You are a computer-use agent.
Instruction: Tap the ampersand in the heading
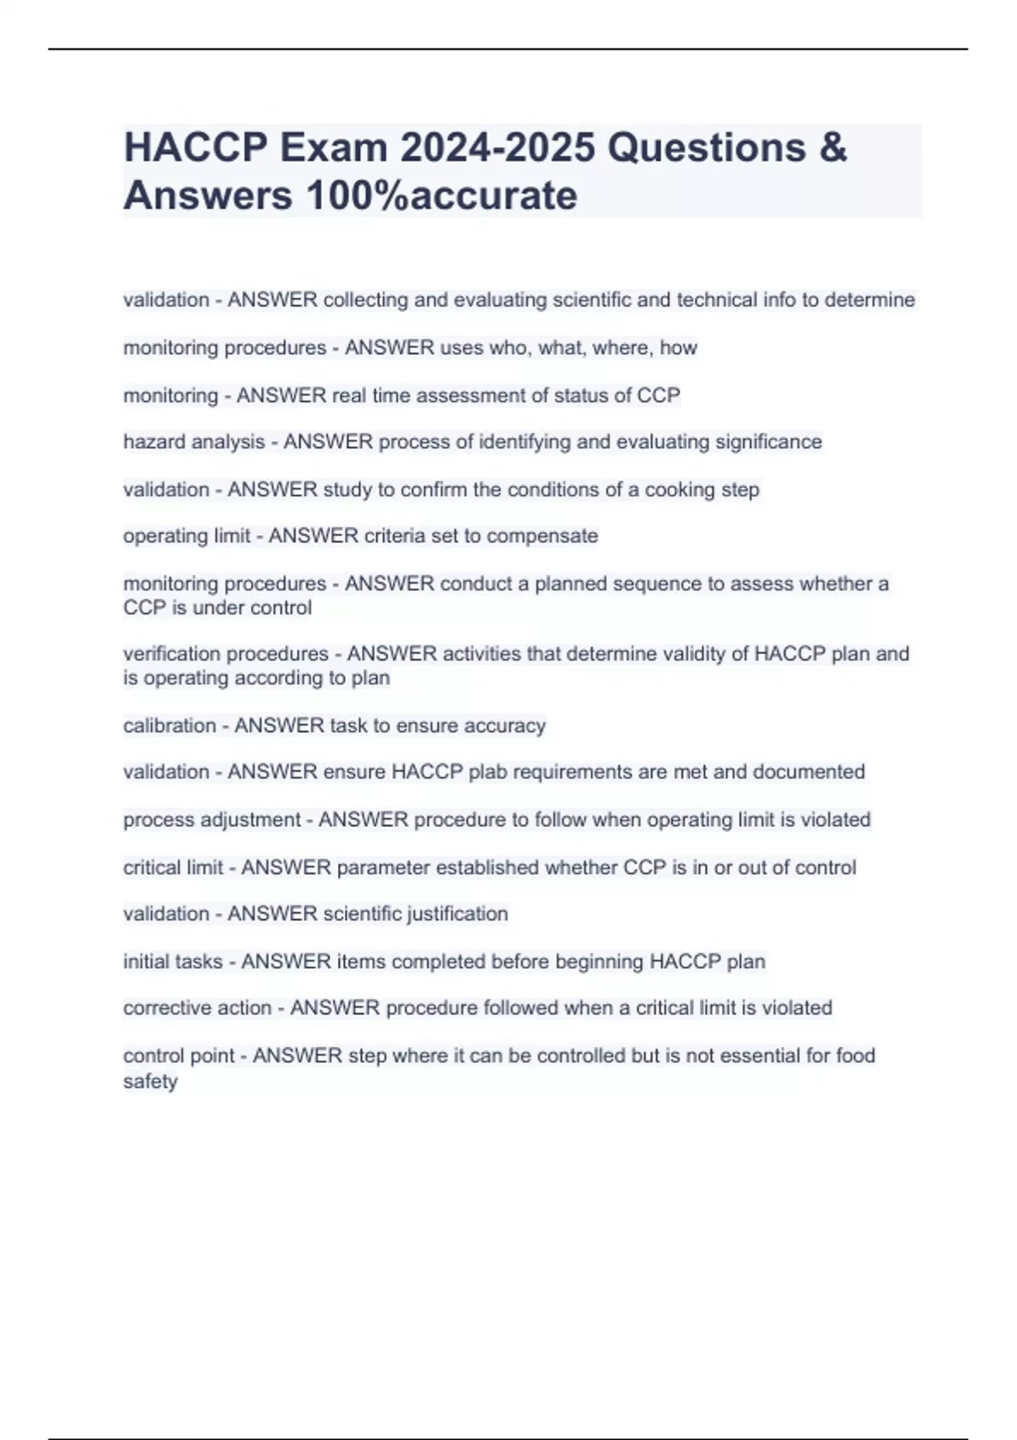tap(833, 147)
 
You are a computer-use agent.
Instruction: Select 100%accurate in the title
tap(441, 196)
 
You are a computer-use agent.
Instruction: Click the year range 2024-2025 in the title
tap(497, 147)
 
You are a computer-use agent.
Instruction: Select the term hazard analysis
tap(194, 442)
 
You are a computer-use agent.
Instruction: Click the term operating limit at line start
tap(186, 536)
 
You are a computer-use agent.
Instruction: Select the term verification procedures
tap(225, 654)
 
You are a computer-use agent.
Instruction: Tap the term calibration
tap(169, 726)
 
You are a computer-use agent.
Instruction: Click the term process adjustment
tap(212, 820)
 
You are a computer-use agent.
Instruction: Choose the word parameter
tap(382, 867)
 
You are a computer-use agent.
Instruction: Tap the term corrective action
tap(197, 1008)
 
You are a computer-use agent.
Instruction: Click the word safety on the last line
tap(150, 1082)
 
